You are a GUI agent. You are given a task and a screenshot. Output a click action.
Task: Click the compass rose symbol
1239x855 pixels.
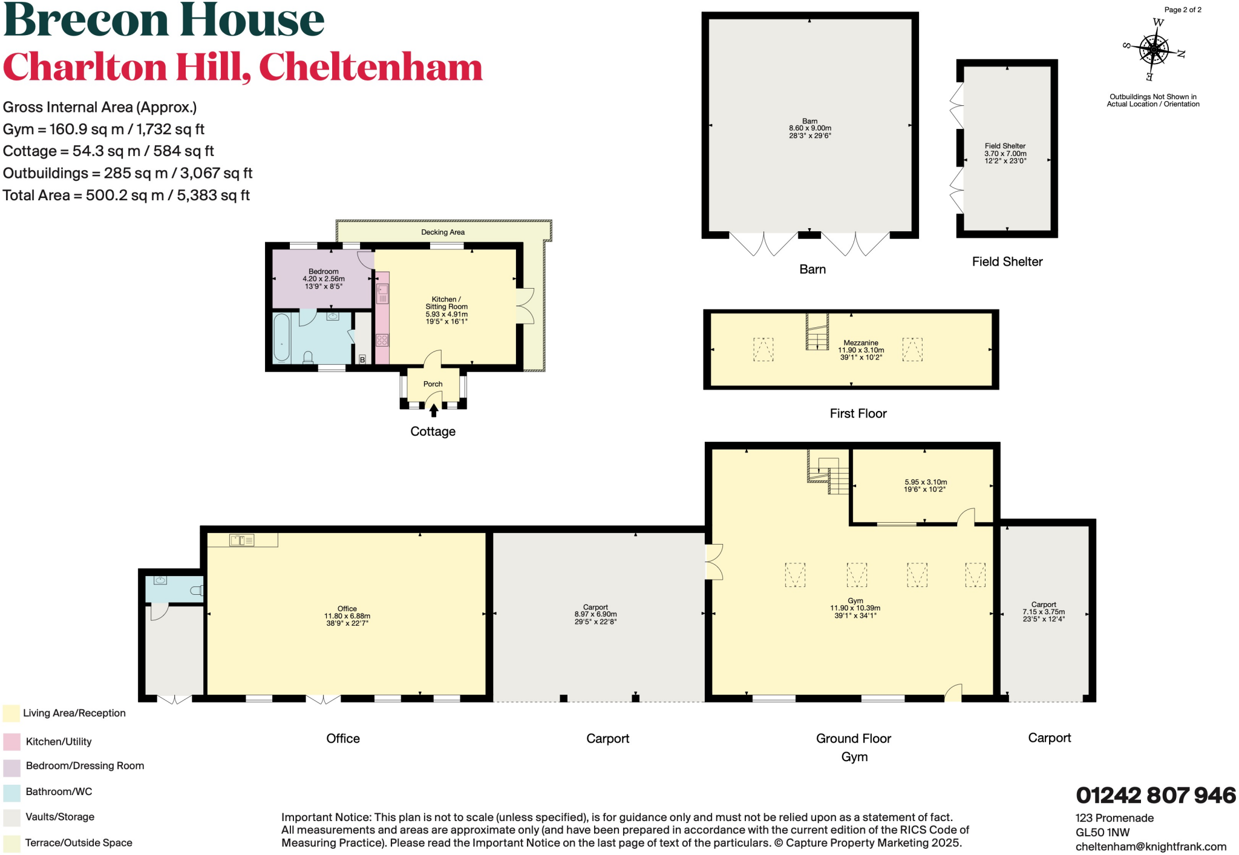(1154, 50)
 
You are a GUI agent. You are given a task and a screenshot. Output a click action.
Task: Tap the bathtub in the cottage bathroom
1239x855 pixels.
(281, 338)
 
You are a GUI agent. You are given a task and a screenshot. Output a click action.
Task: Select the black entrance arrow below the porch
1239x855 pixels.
(434, 411)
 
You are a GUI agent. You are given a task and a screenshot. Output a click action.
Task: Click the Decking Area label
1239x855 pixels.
(443, 232)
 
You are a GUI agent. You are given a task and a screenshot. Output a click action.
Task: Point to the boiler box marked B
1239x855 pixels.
(362, 359)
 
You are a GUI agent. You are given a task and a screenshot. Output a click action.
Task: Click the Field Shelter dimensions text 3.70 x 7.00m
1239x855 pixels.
(1005, 154)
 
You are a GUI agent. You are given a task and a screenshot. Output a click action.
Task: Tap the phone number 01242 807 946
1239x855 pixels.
(1156, 795)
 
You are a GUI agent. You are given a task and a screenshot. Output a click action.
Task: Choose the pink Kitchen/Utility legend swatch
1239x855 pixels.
(11, 741)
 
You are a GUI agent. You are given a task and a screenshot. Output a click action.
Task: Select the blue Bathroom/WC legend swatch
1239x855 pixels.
(11, 792)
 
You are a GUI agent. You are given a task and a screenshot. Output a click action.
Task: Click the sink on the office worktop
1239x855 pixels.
(241, 540)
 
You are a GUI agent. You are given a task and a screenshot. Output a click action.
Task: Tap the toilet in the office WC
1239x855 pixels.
(197, 590)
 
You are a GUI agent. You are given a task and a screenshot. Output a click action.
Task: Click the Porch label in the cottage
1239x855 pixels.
(433, 384)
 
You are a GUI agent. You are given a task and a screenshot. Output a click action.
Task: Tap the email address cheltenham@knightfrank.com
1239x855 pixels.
(1151, 847)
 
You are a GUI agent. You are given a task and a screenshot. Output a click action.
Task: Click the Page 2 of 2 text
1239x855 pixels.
(1183, 10)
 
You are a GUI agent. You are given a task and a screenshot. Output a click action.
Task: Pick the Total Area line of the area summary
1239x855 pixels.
(126, 195)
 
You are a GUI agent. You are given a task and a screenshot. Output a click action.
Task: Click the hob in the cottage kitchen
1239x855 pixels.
(382, 340)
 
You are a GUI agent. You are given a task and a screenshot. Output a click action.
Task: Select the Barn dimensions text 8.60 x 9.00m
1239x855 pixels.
(809, 128)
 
